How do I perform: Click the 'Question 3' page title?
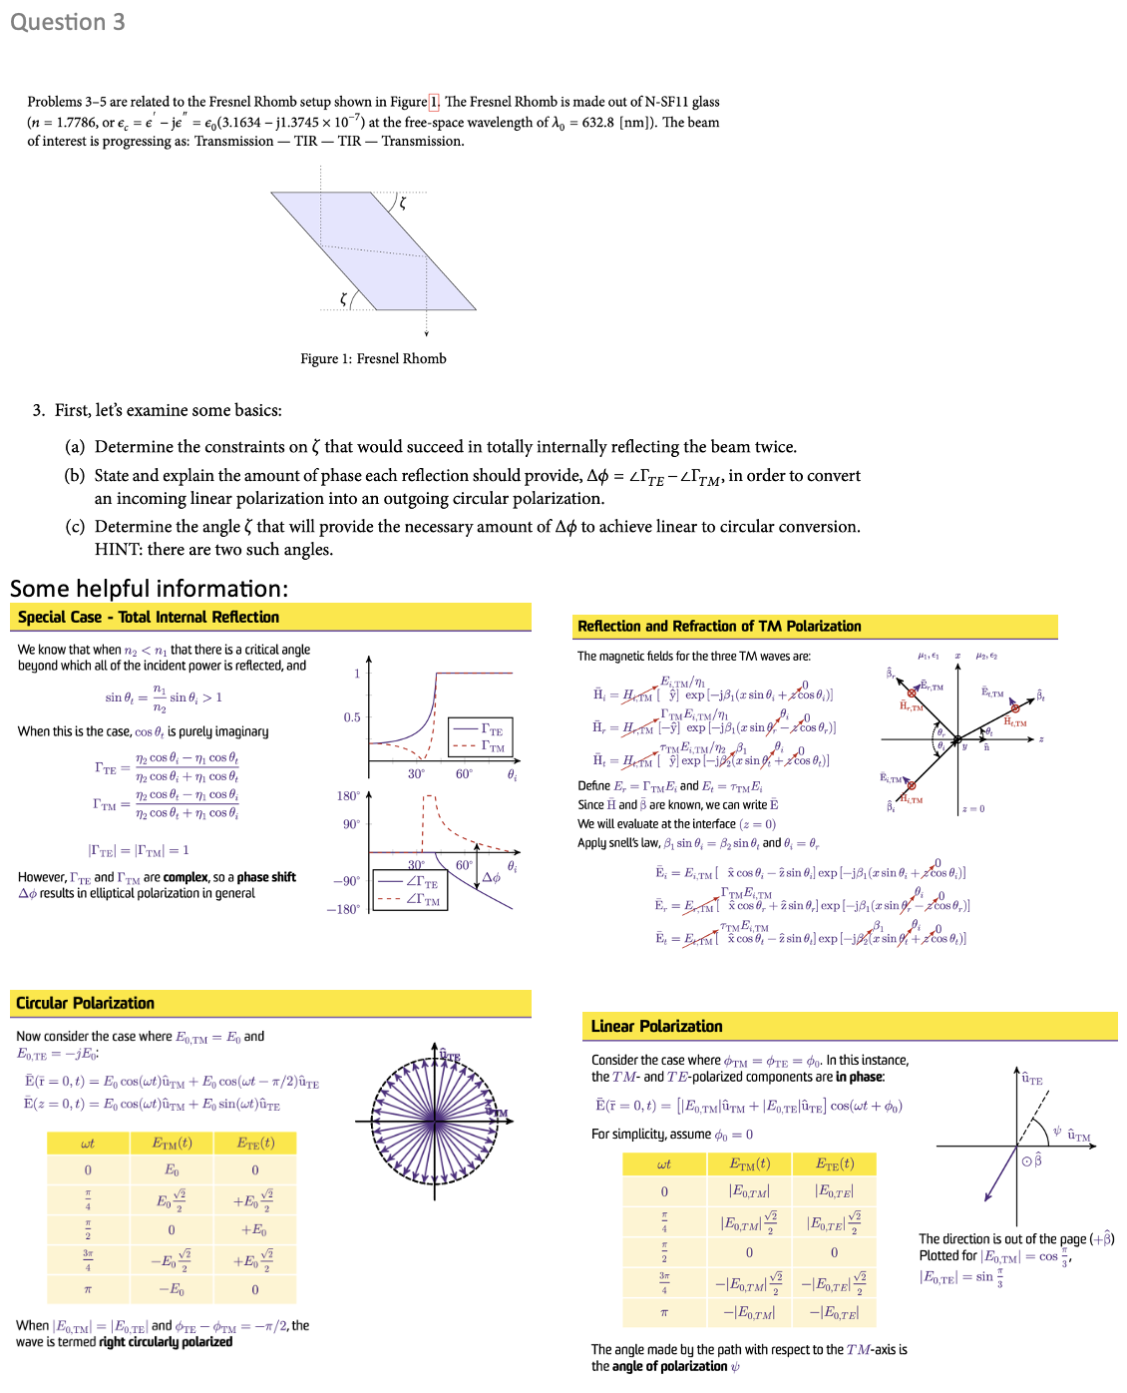pyautogui.click(x=68, y=22)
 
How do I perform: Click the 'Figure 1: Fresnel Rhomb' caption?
pyautogui.click(x=373, y=358)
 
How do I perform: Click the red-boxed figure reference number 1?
pyautogui.click(x=434, y=102)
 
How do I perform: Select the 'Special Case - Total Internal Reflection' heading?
pyautogui.click(x=149, y=617)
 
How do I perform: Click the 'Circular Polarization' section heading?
pyautogui.click(x=86, y=1003)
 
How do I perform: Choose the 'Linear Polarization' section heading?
pyautogui.click(x=656, y=1026)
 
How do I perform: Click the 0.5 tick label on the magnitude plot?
pyautogui.click(x=352, y=717)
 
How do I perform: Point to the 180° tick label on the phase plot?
pyautogui.click(x=348, y=795)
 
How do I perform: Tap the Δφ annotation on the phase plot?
pyautogui.click(x=492, y=877)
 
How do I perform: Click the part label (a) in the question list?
pyautogui.click(x=75, y=447)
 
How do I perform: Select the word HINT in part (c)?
pyautogui.click(x=119, y=549)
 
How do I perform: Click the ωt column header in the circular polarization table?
pyautogui.click(x=88, y=1143)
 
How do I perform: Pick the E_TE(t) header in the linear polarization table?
pyautogui.click(x=834, y=1163)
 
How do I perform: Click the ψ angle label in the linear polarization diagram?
pyautogui.click(x=1057, y=1131)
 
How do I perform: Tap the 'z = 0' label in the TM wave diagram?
pyautogui.click(x=972, y=808)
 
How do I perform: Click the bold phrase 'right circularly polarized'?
pyautogui.click(x=166, y=1342)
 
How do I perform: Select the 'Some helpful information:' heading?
pyautogui.click(x=149, y=588)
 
